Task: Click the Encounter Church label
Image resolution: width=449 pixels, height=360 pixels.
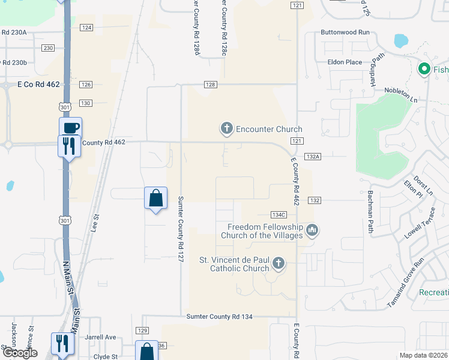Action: pyautogui.click(x=269, y=129)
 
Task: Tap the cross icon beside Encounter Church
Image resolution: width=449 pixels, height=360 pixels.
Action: pyautogui.click(x=226, y=128)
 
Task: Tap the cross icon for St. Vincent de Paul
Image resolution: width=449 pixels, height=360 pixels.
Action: pyautogui.click(x=278, y=263)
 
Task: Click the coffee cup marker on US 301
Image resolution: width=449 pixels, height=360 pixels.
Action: pyautogui.click(x=70, y=128)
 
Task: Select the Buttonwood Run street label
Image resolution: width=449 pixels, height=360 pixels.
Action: pyautogui.click(x=345, y=32)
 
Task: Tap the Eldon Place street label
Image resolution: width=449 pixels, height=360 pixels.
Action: pyautogui.click(x=345, y=62)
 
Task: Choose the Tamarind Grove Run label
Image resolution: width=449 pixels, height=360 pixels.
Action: pyautogui.click(x=405, y=283)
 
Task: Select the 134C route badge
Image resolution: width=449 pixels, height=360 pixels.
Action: pyautogui.click(x=279, y=214)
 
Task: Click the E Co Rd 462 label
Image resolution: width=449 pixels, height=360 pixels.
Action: pyautogui.click(x=38, y=85)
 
